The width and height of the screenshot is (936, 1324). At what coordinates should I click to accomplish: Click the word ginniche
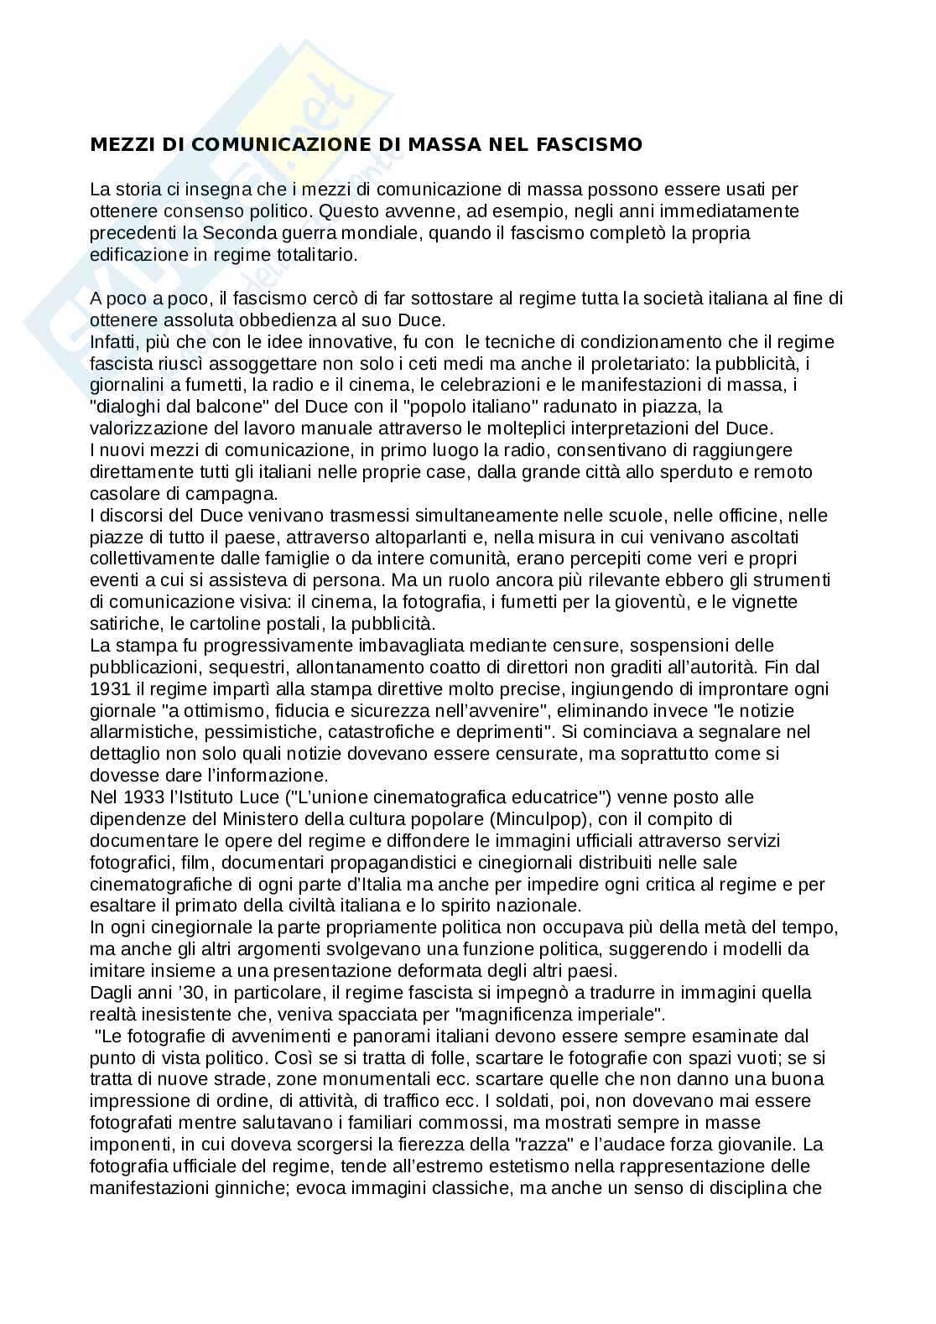tap(252, 1187)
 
